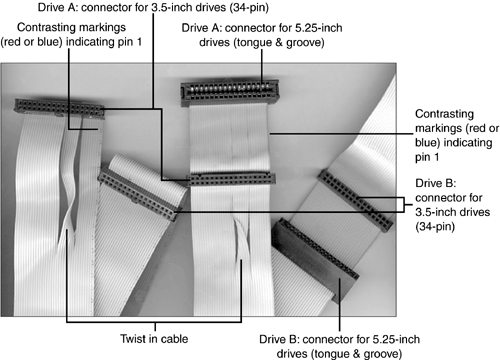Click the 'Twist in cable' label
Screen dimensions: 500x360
tap(154, 339)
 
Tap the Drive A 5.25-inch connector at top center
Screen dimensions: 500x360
tap(230, 93)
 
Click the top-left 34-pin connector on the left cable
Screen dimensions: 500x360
tap(59, 108)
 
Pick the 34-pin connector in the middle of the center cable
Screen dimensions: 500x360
tap(232, 179)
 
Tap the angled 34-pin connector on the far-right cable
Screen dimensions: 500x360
tap(355, 200)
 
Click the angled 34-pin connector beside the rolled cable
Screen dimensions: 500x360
tap(137, 194)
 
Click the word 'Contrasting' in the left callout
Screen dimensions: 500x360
tap(71, 27)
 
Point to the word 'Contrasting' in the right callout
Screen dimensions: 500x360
tap(444, 114)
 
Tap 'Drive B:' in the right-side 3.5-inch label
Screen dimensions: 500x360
tap(436, 183)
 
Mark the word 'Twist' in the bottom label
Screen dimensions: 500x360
tap(131, 339)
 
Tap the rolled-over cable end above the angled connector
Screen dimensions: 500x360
tap(147, 173)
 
